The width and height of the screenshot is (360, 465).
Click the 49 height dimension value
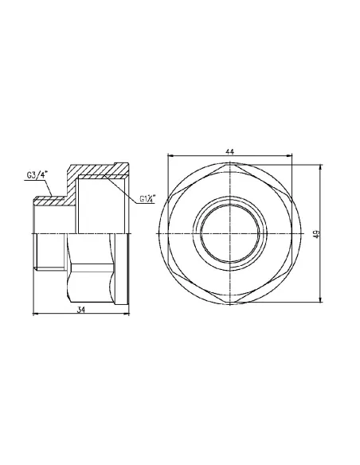[x=316, y=233]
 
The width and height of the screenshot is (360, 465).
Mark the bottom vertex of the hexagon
[x=231, y=302]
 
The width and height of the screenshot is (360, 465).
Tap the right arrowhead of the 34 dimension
[x=127, y=315]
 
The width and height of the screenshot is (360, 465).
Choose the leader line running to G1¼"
[x=127, y=191]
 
